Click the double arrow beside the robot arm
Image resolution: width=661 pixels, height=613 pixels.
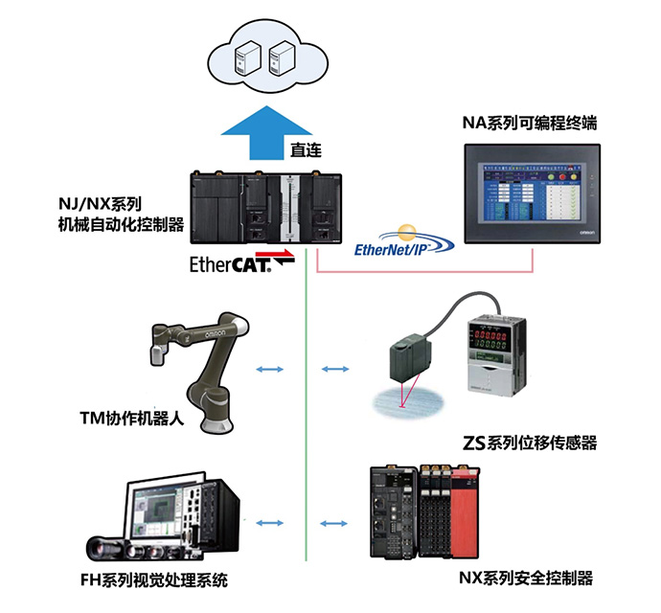(270, 368)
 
